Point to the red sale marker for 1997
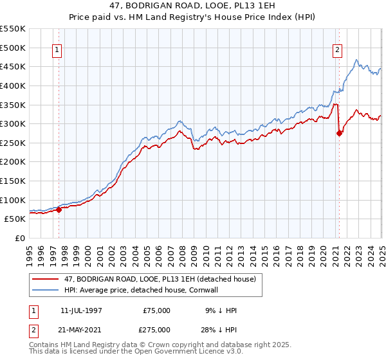click(59, 209)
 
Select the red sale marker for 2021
click(339, 133)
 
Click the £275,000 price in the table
click(156, 330)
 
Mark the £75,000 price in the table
click(156, 310)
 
